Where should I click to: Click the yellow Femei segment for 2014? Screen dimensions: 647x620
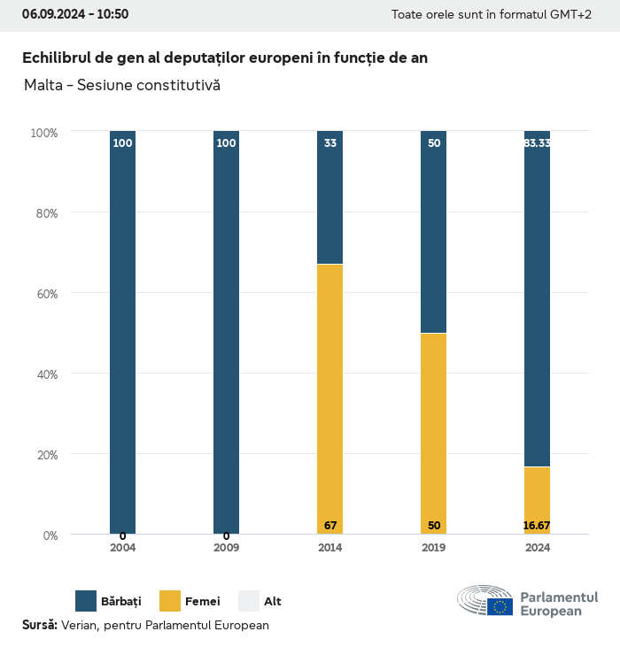[x=329, y=398]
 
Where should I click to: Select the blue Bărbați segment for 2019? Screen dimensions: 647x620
[x=434, y=232]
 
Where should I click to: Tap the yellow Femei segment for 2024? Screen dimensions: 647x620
[x=537, y=500]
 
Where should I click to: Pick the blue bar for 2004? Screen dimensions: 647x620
[x=123, y=332]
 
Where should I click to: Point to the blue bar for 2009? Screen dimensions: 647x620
[x=226, y=332]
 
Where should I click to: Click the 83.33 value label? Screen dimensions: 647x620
[x=537, y=142]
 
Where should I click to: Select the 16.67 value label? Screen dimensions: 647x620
[x=537, y=526]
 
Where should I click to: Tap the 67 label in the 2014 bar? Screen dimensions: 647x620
[x=330, y=526]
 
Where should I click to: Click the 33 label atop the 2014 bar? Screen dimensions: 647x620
[x=330, y=142]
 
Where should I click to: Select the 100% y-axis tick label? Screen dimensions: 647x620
[x=43, y=133]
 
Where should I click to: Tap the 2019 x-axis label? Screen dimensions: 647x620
[x=434, y=548]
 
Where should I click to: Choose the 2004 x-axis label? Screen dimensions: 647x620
[x=123, y=548]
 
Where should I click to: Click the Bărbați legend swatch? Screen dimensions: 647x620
[x=86, y=601]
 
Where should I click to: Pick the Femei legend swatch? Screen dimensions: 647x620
[x=170, y=601]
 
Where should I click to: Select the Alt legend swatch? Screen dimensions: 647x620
[x=249, y=601]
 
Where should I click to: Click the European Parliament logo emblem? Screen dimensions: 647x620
[x=485, y=600]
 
